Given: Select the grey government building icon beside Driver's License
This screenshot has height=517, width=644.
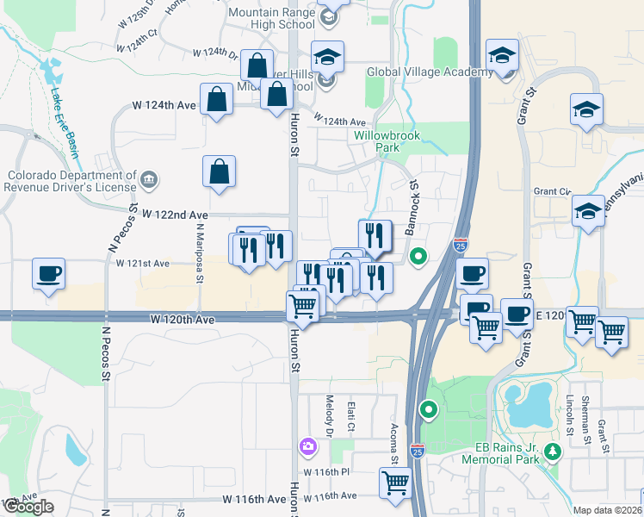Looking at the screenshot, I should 150,179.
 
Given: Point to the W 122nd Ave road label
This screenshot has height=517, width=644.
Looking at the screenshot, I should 176,214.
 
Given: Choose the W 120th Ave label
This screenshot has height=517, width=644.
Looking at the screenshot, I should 182,319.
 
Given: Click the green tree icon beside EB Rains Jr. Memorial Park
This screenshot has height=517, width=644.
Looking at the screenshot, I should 553,451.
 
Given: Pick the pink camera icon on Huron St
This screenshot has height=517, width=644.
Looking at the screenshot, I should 307,446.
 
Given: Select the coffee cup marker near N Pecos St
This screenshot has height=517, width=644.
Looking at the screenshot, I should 48,274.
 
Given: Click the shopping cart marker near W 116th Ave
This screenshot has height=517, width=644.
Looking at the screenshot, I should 395,482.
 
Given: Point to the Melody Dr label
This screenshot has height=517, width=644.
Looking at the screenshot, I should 330,415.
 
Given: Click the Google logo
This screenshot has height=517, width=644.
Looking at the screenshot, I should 28,507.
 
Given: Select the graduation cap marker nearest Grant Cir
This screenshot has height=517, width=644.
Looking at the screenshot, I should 587,211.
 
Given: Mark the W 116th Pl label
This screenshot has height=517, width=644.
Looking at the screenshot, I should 326,473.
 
